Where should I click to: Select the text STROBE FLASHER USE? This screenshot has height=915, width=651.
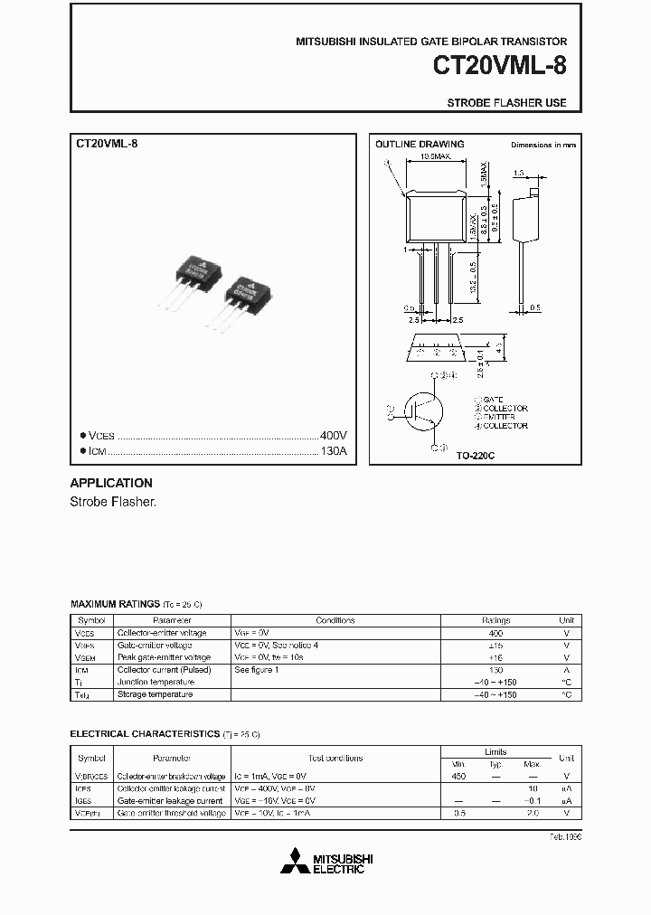tap(506, 103)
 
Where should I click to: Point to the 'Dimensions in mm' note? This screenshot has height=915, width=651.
tap(542, 145)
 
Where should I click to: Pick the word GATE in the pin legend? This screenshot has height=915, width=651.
tap(493, 399)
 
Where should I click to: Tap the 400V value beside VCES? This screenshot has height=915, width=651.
tap(333, 434)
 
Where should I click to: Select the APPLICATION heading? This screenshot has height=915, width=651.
tap(111, 483)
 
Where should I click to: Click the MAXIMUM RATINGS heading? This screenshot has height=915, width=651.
tap(114, 602)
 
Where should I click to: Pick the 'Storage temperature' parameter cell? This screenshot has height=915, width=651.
tap(155, 694)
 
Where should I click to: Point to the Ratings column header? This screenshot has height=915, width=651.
tap(495, 620)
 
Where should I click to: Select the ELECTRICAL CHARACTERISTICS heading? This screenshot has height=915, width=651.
tap(145, 734)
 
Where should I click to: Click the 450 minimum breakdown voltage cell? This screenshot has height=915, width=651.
tap(458, 777)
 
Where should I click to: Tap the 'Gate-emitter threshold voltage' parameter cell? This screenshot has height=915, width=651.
tap(171, 814)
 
